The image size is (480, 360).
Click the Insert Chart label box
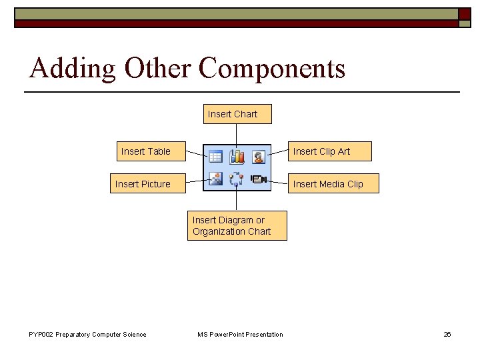point(232,114)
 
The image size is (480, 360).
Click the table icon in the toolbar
point(215,157)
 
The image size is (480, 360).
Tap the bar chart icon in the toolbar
point(237,157)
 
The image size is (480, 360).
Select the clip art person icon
point(258,157)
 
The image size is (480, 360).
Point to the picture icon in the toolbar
point(215,179)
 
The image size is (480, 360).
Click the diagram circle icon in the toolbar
point(237,179)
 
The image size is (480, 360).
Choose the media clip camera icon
point(259,179)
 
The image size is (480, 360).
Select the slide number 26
point(447,335)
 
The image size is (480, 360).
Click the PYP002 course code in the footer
point(42,335)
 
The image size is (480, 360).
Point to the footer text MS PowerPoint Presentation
point(240,335)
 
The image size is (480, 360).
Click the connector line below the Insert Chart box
point(237,133)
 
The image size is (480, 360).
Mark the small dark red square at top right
point(464,14)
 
